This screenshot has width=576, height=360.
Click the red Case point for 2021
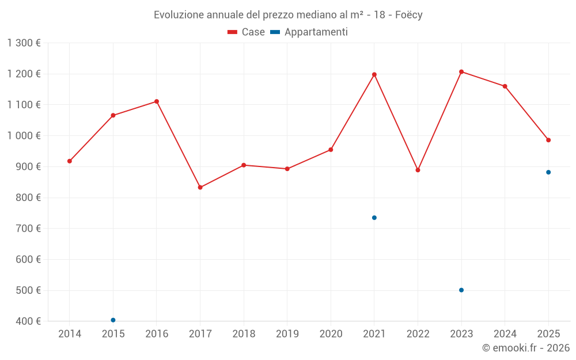point(374,74)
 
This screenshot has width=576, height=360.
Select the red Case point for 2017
point(200,187)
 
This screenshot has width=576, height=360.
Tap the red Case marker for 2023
point(461,71)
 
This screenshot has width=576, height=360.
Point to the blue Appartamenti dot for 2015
point(113,320)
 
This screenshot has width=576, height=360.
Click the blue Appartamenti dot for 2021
point(374,218)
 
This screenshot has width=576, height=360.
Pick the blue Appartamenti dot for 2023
point(461,290)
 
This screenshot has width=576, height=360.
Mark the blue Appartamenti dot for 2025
point(548,172)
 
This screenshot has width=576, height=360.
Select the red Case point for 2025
point(548,140)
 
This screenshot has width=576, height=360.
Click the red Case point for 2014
point(70,161)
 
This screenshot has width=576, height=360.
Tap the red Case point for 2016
point(157,101)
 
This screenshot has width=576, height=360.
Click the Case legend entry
point(247,32)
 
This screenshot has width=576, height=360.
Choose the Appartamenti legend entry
point(309,32)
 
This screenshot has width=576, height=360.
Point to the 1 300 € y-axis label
point(24,43)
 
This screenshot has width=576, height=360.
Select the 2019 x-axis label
point(287,334)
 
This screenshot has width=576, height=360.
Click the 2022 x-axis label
point(418,334)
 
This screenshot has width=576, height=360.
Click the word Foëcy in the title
point(408,15)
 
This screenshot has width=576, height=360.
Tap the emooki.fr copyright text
point(525,348)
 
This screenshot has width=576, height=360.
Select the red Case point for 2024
point(505,86)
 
